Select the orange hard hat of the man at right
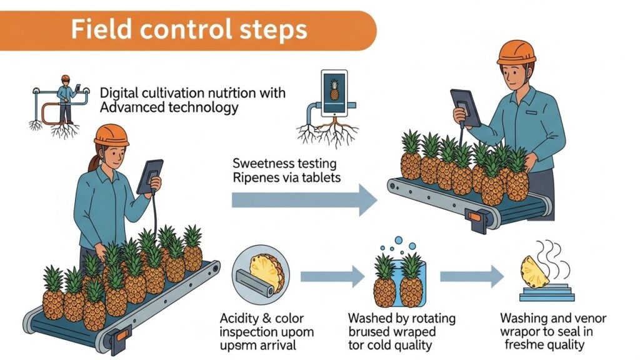click(x=516, y=52)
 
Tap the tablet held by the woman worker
click(x=150, y=176)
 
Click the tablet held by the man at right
click(x=466, y=107)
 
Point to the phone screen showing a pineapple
click(x=334, y=91)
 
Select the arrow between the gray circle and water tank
click(x=332, y=275)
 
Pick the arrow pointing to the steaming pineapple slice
click(x=472, y=275)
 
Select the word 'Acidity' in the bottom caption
click(x=241, y=318)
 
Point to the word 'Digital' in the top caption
click(x=119, y=93)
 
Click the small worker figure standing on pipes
click(x=64, y=97)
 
